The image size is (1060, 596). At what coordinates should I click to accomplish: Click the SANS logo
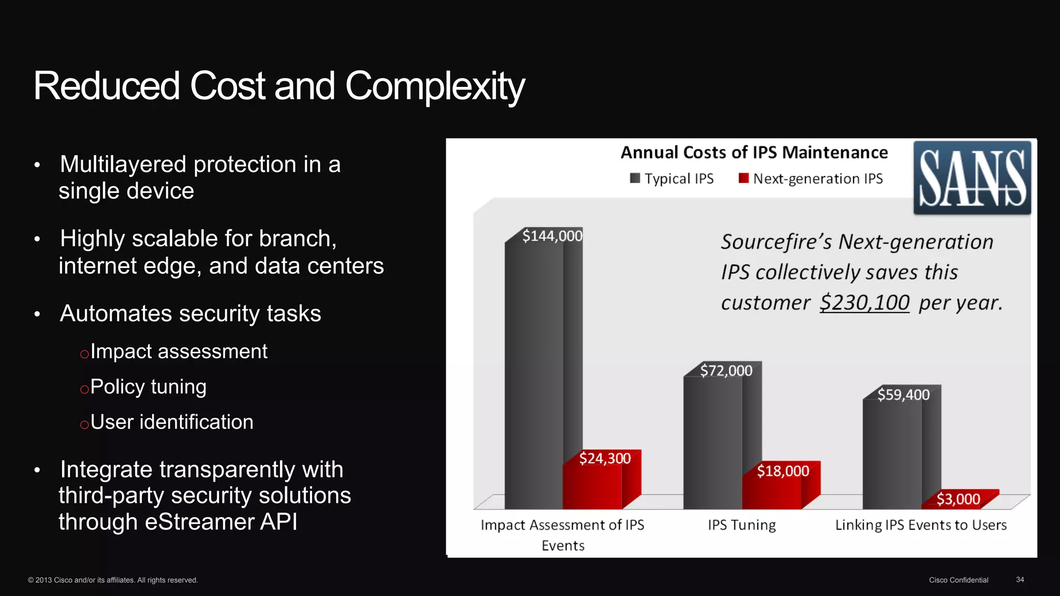(x=972, y=178)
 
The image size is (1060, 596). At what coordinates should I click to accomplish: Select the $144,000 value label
(x=552, y=236)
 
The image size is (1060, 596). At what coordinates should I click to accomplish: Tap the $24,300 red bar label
(x=605, y=458)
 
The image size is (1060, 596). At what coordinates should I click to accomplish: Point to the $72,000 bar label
(x=726, y=370)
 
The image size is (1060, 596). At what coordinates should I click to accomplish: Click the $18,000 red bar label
(x=783, y=471)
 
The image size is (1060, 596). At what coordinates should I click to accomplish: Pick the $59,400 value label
(x=903, y=395)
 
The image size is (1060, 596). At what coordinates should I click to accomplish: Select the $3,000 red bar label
(x=958, y=499)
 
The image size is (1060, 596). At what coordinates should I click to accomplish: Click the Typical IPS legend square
(x=635, y=178)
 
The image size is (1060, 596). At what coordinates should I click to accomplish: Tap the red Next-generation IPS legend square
(x=743, y=178)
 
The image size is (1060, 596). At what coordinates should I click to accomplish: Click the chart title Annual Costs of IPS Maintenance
(x=754, y=153)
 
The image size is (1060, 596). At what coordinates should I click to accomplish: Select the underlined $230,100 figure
(x=864, y=303)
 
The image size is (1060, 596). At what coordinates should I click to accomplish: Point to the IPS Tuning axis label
(x=742, y=525)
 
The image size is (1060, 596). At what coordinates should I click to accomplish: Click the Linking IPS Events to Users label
(x=921, y=525)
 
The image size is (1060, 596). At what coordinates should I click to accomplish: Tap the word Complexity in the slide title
(x=435, y=86)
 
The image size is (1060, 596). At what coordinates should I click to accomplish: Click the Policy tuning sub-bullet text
(x=148, y=387)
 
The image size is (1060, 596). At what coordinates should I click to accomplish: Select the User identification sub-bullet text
(x=172, y=422)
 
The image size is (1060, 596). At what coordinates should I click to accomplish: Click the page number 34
(x=1020, y=579)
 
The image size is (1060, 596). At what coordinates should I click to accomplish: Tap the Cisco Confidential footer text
(x=958, y=580)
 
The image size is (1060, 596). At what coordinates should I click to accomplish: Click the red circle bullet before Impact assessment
(x=84, y=354)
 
